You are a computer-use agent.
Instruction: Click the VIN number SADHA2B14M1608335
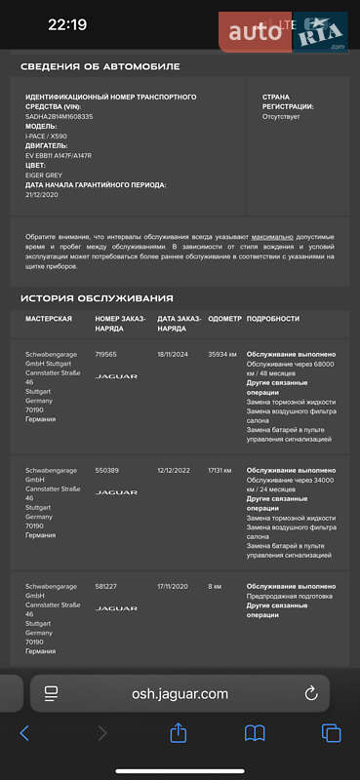click(x=60, y=116)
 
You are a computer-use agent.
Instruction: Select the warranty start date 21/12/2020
click(x=42, y=195)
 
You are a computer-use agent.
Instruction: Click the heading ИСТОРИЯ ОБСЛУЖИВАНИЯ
click(x=98, y=297)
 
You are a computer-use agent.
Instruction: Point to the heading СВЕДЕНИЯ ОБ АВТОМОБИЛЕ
click(x=100, y=66)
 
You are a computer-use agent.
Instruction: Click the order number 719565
click(x=105, y=354)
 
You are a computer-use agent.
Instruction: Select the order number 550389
click(x=106, y=470)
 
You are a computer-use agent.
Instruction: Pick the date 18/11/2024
click(x=174, y=354)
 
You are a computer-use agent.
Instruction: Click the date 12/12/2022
click(x=174, y=470)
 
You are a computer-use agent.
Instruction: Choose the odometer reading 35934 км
click(x=222, y=354)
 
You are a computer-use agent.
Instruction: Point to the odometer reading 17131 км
click(x=221, y=470)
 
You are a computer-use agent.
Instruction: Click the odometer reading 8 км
click(x=215, y=586)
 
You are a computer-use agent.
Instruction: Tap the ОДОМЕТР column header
click(x=224, y=319)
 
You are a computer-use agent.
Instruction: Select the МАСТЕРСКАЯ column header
click(x=49, y=319)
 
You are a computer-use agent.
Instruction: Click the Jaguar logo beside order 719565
click(x=116, y=376)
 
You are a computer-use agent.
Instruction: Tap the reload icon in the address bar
click(x=311, y=693)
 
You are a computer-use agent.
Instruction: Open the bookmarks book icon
click(x=255, y=733)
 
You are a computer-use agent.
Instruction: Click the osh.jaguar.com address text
click(x=180, y=693)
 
